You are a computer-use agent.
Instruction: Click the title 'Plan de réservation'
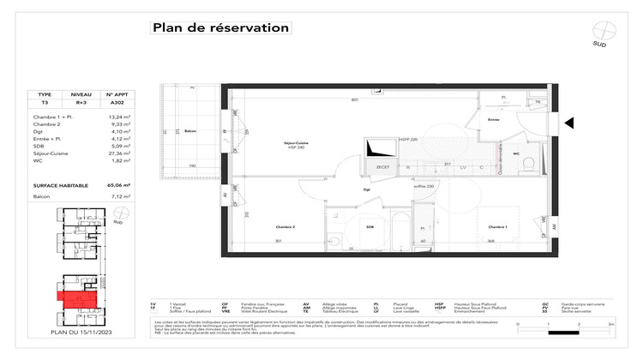(x=220, y=27)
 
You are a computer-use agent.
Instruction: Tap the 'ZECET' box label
(x=383, y=168)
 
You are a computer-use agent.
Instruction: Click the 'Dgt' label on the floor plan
(x=367, y=189)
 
